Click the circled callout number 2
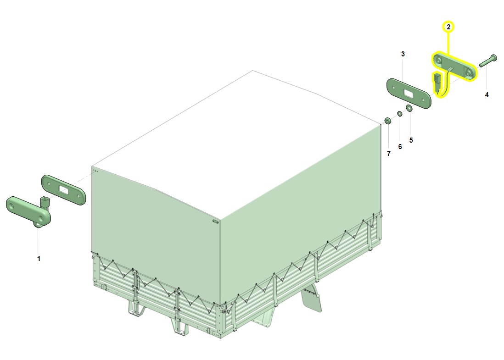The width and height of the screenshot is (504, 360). (x=448, y=27)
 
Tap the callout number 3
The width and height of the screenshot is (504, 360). (x=403, y=54)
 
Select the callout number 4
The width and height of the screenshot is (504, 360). (x=487, y=95)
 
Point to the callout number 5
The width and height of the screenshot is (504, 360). (x=411, y=140)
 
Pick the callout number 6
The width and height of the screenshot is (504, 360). (x=400, y=146)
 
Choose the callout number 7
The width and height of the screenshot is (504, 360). (x=389, y=154)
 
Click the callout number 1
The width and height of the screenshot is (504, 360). (x=39, y=259)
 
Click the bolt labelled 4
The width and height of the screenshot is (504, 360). (x=488, y=61)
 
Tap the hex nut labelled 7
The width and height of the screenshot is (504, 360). (x=388, y=121)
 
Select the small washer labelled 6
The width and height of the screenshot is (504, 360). (x=399, y=114)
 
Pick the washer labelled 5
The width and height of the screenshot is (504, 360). (x=409, y=108)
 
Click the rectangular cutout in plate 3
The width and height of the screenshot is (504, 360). (x=409, y=94)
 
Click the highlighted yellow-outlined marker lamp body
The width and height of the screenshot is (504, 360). (x=454, y=66)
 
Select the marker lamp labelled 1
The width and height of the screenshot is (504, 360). (x=28, y=210)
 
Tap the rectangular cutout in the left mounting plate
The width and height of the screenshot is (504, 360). (x=64, y=189)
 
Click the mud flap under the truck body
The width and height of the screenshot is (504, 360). (x=311, y=299)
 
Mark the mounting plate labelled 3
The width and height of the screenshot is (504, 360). (x=409, y=93)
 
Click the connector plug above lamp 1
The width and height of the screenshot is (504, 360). (x=45, y=202)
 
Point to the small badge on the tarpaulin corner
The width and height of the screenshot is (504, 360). (x=215, y=221)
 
